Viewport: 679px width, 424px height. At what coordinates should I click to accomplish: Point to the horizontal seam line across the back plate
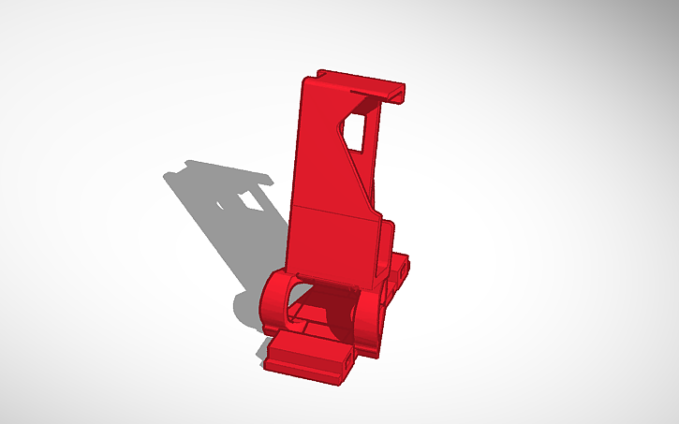332,211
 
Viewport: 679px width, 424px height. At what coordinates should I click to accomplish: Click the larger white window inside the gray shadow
250,200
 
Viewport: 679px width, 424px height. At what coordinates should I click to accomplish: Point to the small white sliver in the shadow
222,201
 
